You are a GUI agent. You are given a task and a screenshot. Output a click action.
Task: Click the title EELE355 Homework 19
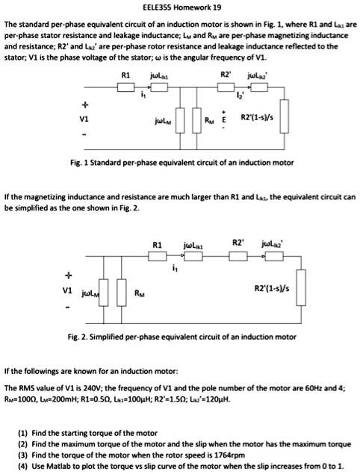(179, 7)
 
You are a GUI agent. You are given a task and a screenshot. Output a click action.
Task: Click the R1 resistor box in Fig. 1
(125, 87)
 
